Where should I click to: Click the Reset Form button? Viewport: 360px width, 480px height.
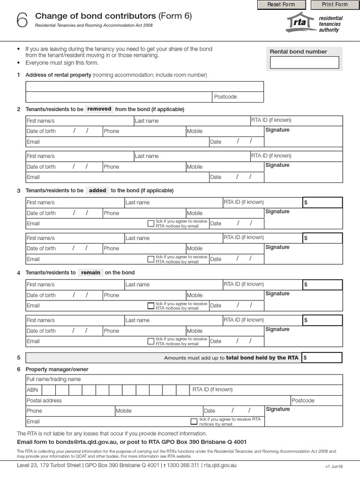(x=281, y=5)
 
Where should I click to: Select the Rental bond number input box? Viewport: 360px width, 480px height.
(x=304, y=62)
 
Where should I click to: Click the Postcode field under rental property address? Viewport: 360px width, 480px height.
(x=238, y=97)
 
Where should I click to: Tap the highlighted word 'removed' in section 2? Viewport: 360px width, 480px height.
(x=99, y=109)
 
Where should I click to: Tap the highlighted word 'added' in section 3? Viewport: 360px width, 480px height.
(x=97, y=190)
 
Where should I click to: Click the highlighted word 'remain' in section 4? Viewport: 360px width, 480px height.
(x=90, y=272)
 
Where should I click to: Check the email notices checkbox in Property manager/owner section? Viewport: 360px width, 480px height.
(x=194, y=421)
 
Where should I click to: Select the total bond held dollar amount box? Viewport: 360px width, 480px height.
(x=322, y=358)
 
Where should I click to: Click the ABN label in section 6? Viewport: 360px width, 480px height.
(x=32, y=390)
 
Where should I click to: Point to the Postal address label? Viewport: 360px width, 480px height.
(x=44, y=400)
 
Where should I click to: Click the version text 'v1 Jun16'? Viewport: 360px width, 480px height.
(x=334, y=467)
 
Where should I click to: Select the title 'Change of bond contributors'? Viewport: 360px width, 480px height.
(x=95, y=16)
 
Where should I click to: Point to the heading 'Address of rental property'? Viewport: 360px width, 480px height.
(x=58, y=75)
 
